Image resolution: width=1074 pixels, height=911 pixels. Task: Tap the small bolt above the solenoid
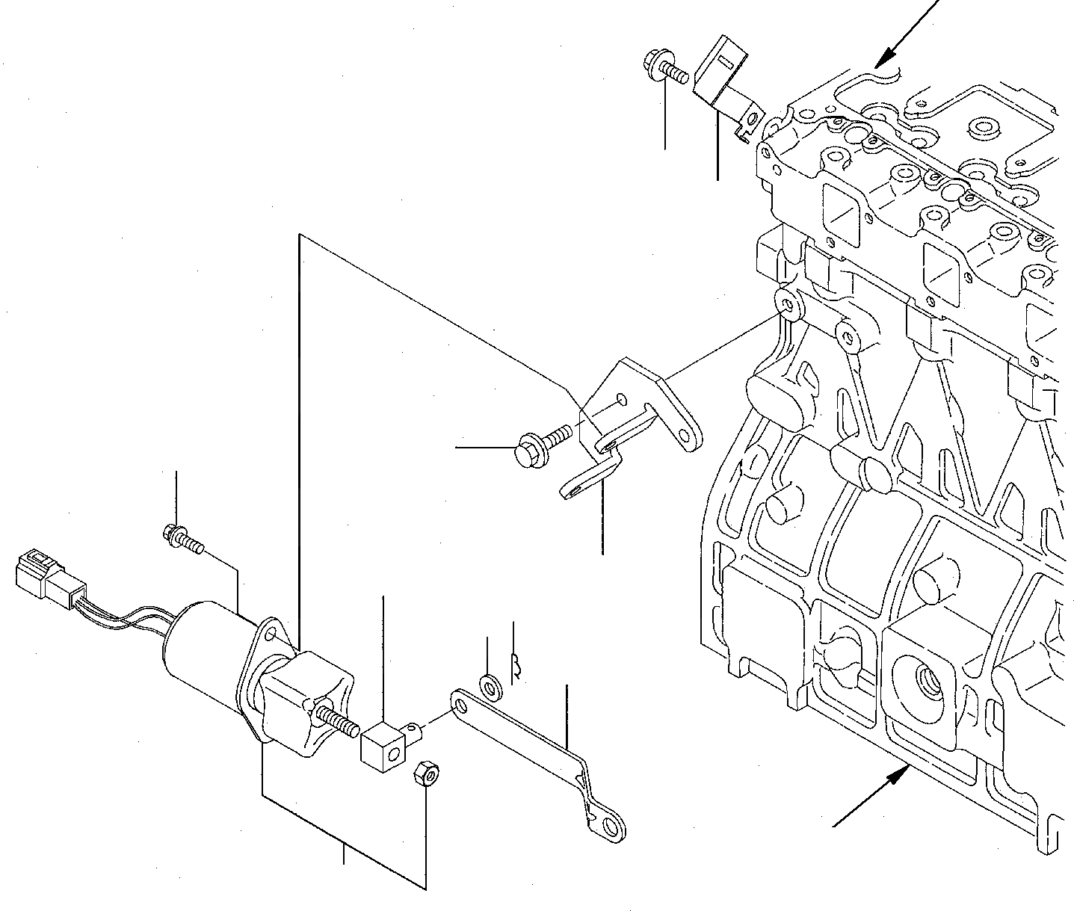[180, 538]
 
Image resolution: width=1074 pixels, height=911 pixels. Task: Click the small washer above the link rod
[490, 683]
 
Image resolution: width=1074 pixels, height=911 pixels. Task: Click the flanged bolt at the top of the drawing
[659, 70]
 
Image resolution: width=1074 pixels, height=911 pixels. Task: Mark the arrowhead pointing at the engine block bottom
[895, 779]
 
